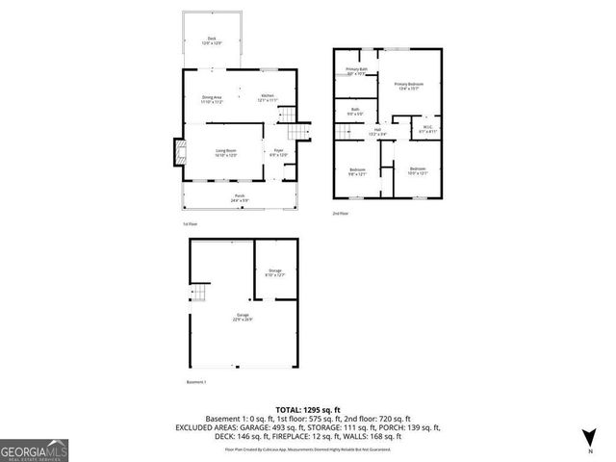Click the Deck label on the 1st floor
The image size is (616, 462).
(211, 39)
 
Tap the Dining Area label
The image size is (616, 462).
(212, 97)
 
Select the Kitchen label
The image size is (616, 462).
(268, 97)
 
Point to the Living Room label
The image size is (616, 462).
(225, 152)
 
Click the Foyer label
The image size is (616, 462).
(277, 152)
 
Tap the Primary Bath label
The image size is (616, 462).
(356, 70)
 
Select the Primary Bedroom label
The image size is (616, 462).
(409, 85)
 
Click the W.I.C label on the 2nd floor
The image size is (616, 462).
(427, 128)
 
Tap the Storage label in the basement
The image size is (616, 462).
(275, 273)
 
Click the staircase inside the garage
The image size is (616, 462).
(199, 294)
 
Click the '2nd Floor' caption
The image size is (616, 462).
(340, 212)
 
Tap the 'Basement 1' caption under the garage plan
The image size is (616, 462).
(196, 382)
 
